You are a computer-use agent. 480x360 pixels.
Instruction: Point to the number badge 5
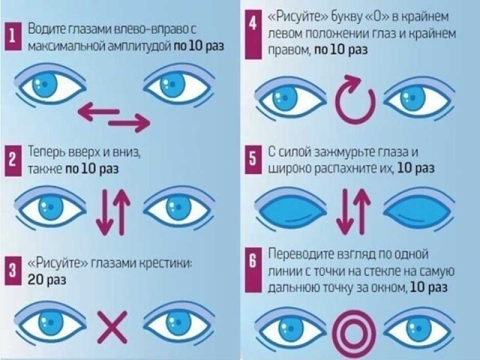(253, 160)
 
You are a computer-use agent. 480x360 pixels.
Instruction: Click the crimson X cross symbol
(113, 328)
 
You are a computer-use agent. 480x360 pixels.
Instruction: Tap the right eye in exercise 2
(177, 207)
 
